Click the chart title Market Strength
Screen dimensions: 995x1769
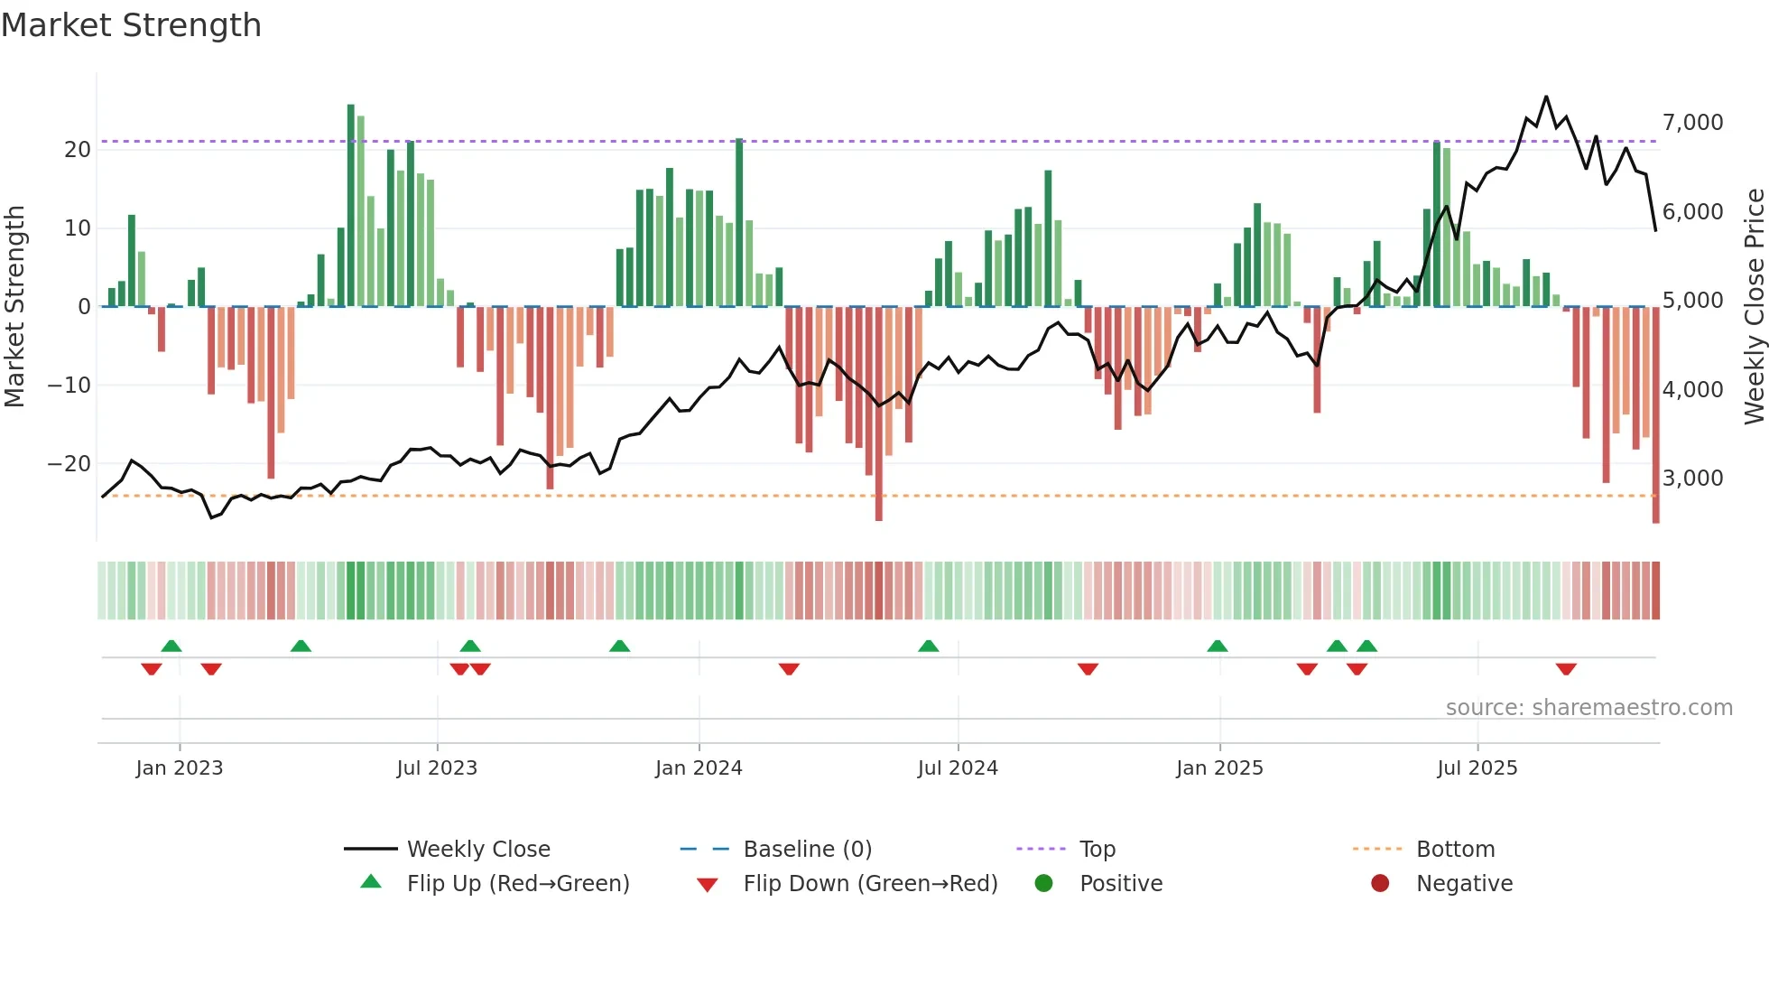coord(131,25)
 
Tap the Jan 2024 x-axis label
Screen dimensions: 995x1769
coord(699,768)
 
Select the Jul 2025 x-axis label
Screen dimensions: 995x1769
coord(1477,768)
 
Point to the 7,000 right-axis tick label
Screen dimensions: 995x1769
coord(1692,123)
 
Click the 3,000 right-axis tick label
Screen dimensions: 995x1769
coord(1692,479)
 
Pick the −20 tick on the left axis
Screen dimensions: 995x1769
coord(69,464)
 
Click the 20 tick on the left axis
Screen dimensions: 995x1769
coord(78,150)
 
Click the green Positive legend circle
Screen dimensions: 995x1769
coord(1044,884)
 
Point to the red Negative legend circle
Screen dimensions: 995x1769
coord(1380,884)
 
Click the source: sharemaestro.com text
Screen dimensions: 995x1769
coord(1588,708)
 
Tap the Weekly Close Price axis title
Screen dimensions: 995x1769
coord(1754,307)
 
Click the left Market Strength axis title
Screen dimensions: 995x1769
coord(15,307)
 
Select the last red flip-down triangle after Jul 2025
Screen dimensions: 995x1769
coord(1566,669)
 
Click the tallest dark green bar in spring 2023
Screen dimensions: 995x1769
coord(351,206)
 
